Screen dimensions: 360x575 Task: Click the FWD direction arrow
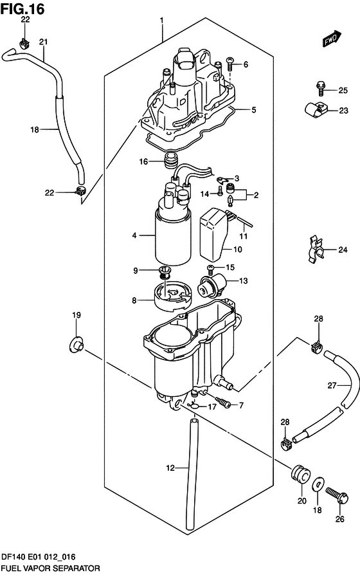(x=332, y=39)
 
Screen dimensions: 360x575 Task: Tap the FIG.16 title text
(x=22, y=9)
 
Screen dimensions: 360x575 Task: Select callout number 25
(x=343, y=90)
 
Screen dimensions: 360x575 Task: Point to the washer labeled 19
(x=76, y=345)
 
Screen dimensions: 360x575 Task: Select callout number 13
(x=244, y=281)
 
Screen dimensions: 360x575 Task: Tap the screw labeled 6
(x=230, y=64)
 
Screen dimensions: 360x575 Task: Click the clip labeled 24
(x=315, y=250)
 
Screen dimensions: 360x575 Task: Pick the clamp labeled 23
(x=315, y=109)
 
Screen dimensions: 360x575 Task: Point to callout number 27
(x=332, y=385)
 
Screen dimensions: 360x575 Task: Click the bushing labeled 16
(x=171, y=161)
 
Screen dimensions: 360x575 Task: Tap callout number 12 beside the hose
(x=170, y=468)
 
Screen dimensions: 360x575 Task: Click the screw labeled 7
(x=223, y=402)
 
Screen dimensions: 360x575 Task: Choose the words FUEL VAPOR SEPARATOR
(x=51, y=569)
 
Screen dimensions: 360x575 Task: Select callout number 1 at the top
(x=161, y=20)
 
